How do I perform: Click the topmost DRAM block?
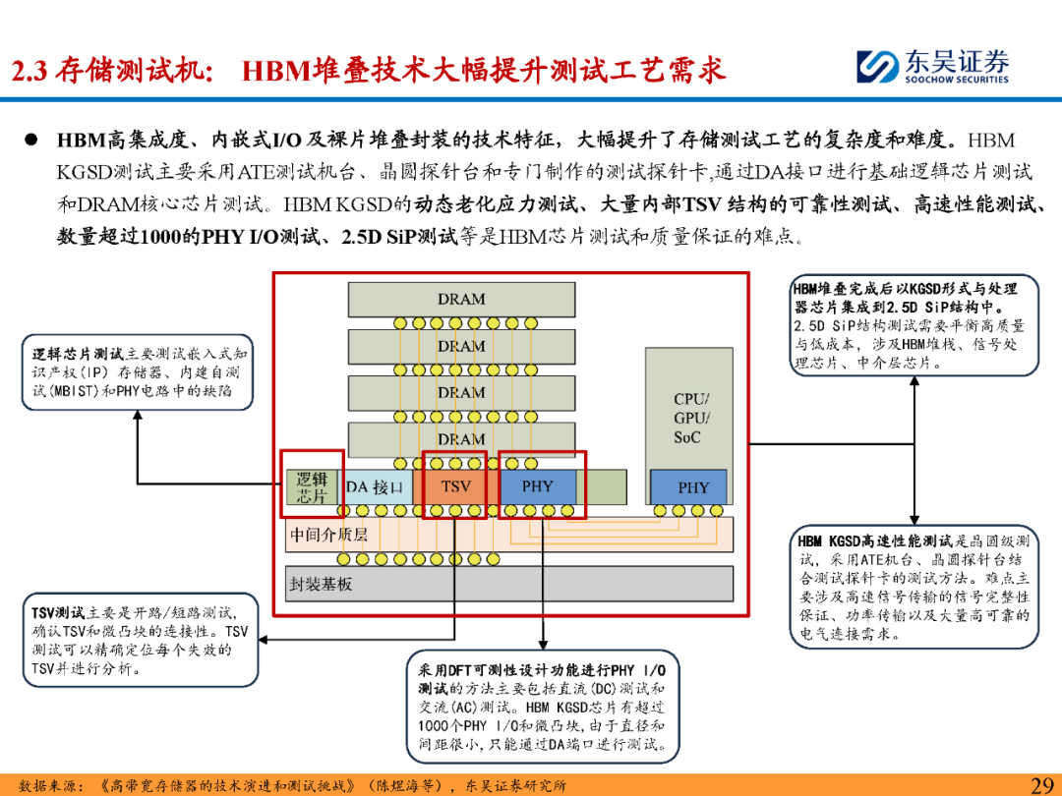coord(461,300)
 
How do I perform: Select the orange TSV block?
coord(455,486)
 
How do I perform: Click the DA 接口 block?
coord(375,486)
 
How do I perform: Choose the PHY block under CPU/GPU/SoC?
coord(692,487)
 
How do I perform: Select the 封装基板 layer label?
coord(321,584)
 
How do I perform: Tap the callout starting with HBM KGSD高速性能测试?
coord(914,587)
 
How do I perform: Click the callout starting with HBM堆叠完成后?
coord(914,325)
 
